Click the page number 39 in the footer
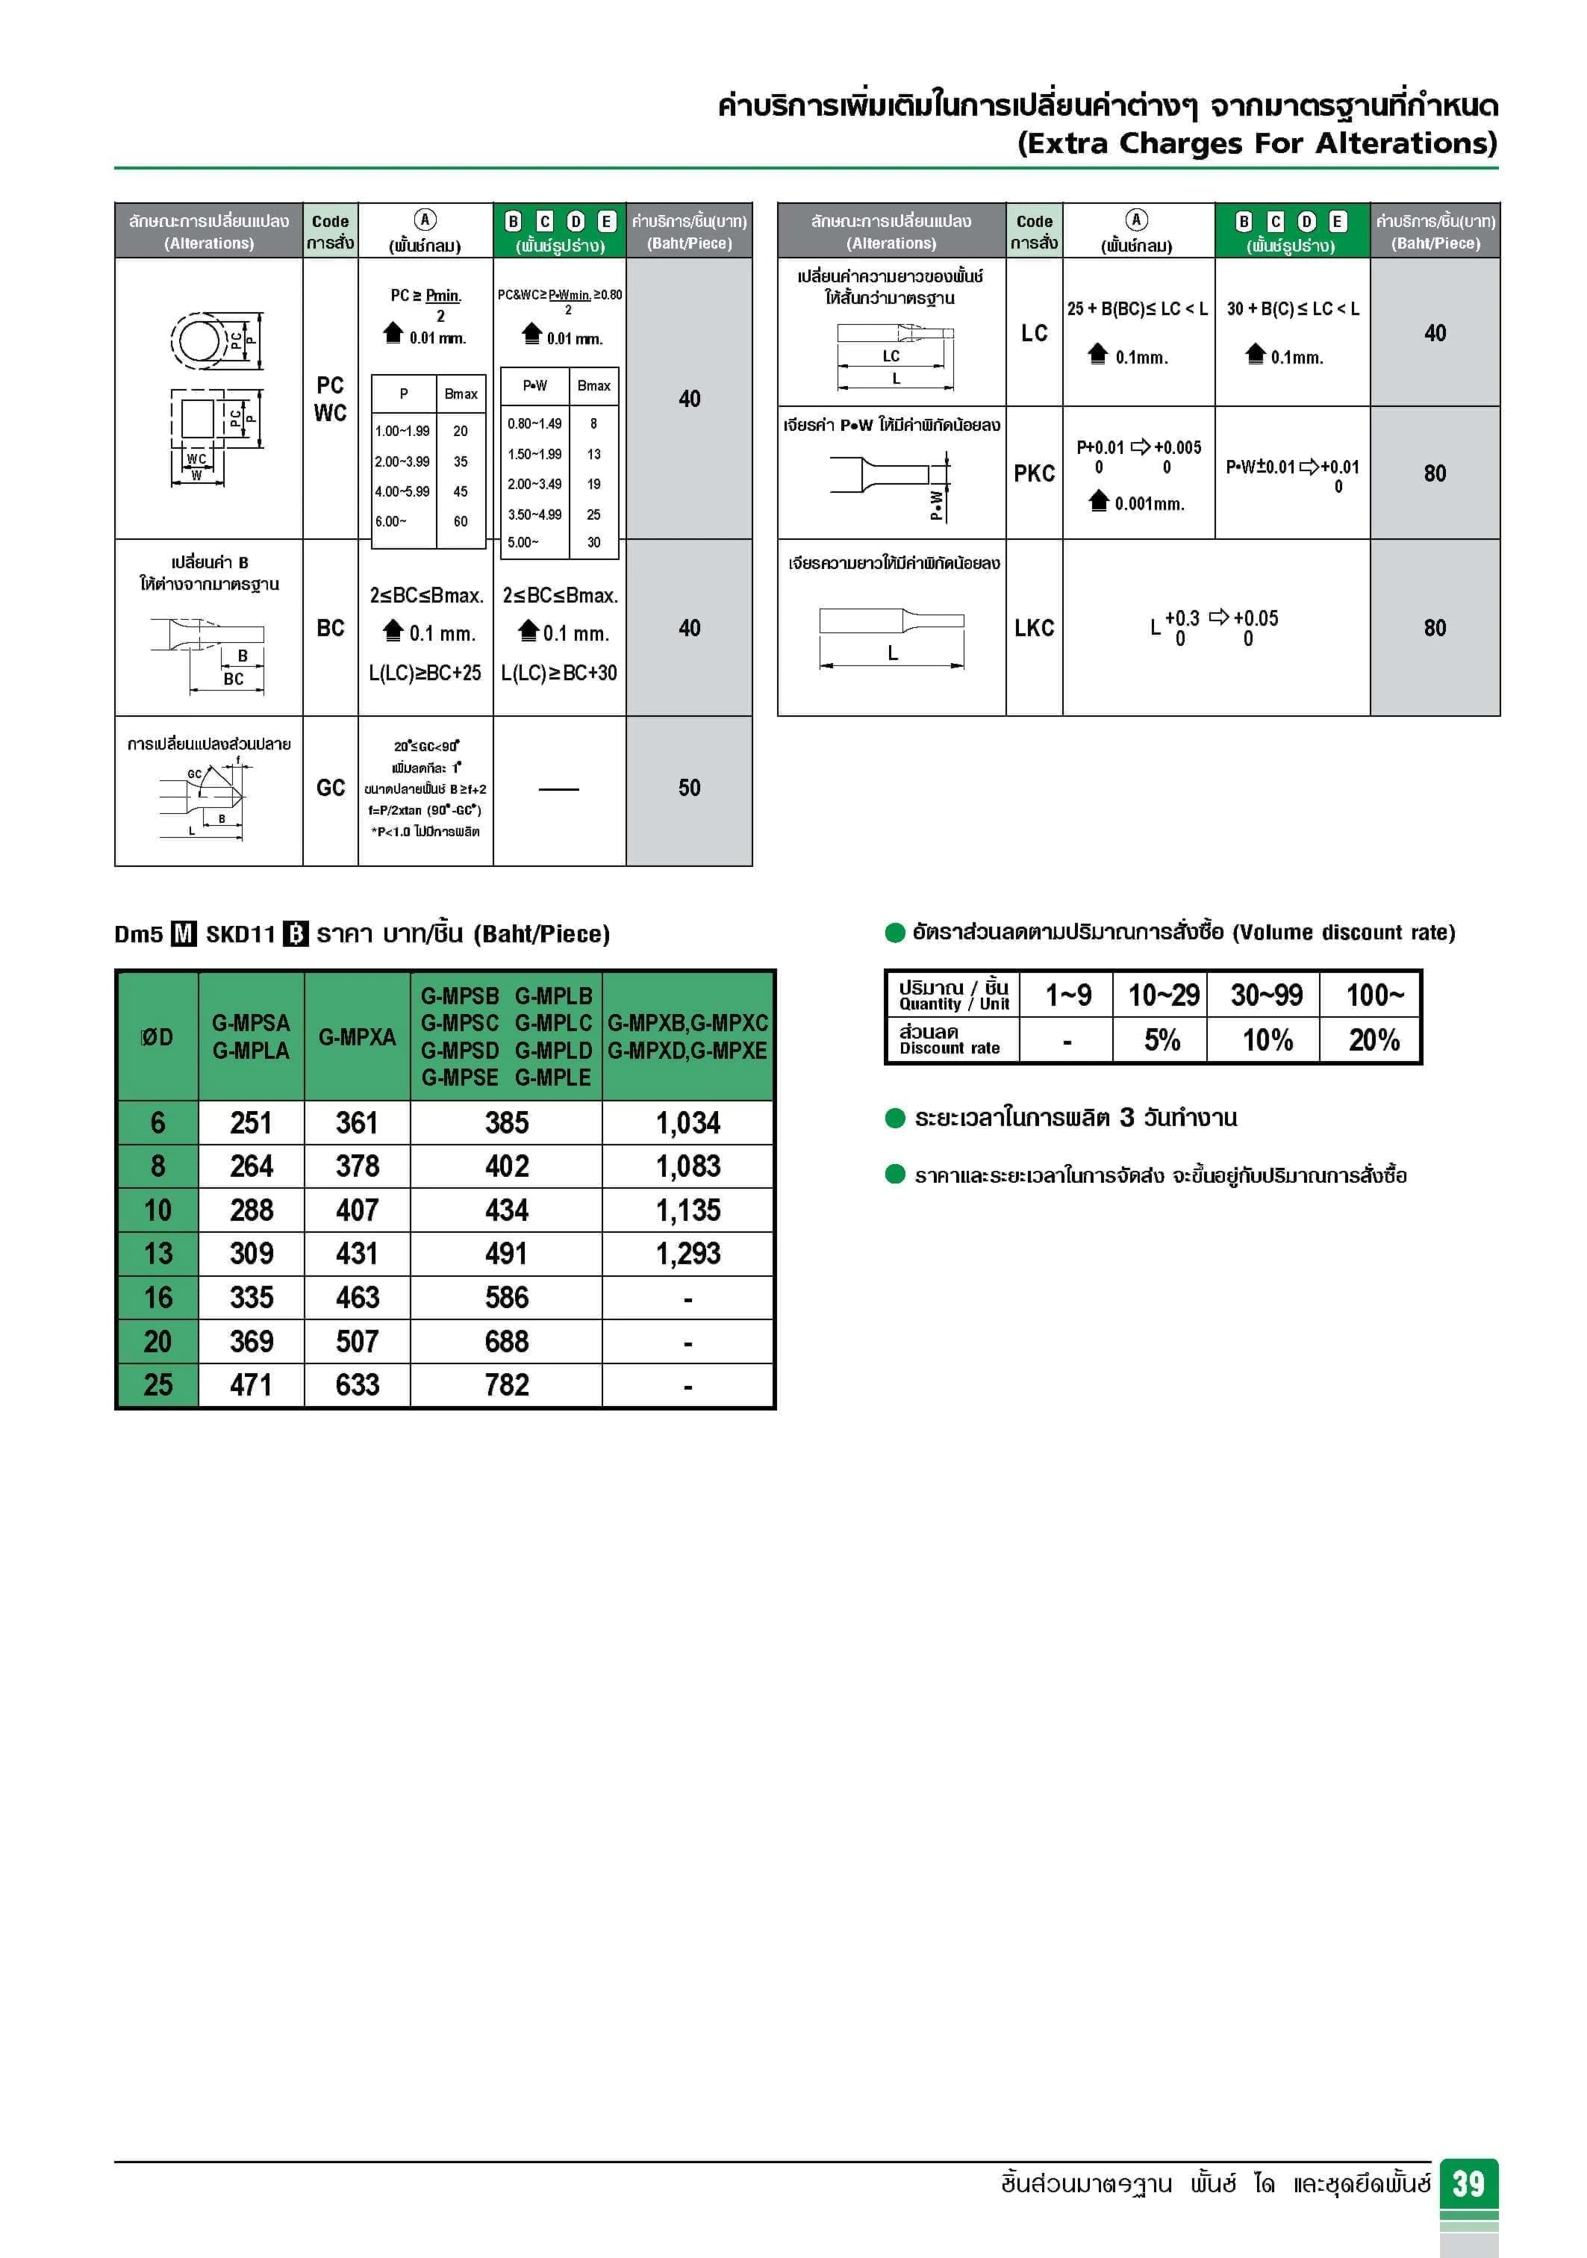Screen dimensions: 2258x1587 1468,2184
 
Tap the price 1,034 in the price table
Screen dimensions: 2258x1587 688,1122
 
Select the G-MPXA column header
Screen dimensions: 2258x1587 357,1036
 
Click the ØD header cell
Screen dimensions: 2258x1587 158,1036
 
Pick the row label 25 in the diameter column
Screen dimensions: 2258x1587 158,1384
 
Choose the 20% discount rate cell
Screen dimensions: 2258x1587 1374,1039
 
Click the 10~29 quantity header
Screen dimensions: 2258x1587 1163,995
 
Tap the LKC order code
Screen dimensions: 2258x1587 1033,627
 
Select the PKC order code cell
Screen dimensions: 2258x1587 1033,473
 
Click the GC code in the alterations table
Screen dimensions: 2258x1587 331,788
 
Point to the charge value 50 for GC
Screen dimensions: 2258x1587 688,788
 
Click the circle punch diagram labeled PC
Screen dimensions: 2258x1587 202,341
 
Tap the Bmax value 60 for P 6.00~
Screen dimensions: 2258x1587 460,521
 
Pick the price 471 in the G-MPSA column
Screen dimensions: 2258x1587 251,1384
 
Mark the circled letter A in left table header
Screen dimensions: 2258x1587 425,220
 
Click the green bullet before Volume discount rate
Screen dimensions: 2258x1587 895,933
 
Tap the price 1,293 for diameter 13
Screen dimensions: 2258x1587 688,1253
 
